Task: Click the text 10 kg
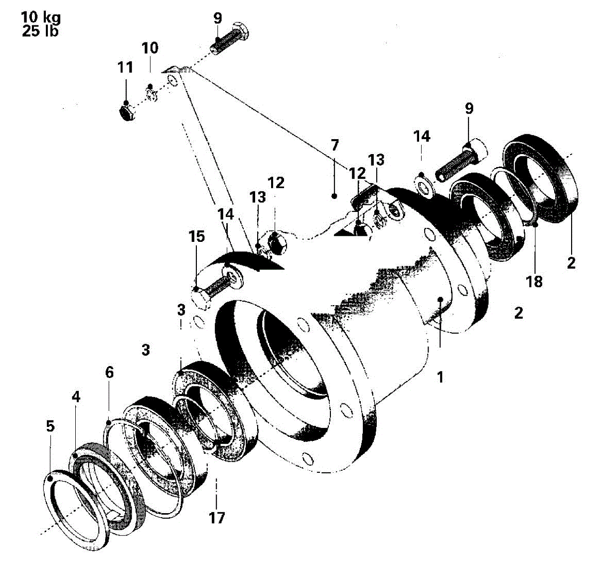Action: click(x=41, y=17)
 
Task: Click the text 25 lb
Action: click(x=40, y=31)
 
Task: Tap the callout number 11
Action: click(x=125, y=67)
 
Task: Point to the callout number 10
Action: click(x=150, y=48)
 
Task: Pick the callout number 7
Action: click(x=334, y=145)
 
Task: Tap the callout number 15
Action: click(x=196, y=236)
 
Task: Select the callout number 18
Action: click(x=534, y=281)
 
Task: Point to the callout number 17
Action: click(x=217, y=518)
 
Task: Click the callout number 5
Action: click(x=50, y=426)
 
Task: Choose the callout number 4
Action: click(x=76, y=396)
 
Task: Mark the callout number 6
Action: click(x=109, y=372)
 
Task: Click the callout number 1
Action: click(x=440, y=377)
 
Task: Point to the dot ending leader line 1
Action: click(x=440, y=299)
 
